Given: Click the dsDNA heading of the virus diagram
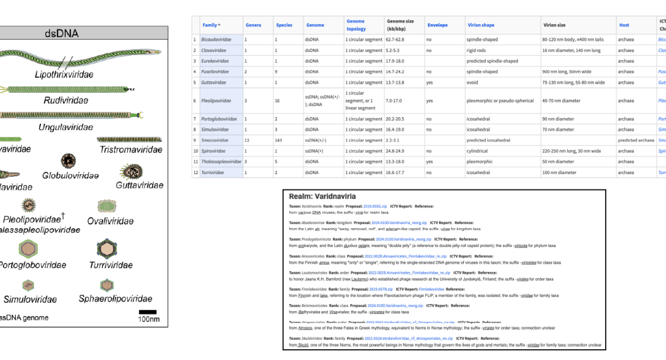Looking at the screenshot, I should click(x=61, y=34).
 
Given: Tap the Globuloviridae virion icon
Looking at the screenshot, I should click(x=68, y=161).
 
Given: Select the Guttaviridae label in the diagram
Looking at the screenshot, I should click(x=139, y=185).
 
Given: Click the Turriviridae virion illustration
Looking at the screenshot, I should click(x=107, y=249).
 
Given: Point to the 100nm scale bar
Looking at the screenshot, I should click(x=148, y=312).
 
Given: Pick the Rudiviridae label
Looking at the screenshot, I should click(x=66, y=101).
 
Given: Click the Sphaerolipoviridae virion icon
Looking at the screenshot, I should click(x=107, y=285).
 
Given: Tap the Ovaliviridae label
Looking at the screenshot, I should click(x=110, y=221).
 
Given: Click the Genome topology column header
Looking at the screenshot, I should click(x=356, y=25).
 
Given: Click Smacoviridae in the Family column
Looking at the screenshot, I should click(x=213, y=140).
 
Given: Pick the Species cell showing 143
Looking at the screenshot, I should click(x=281, y=140).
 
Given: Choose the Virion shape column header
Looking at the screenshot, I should click(x=481, y=25).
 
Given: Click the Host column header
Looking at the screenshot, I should click(x=624, y=25).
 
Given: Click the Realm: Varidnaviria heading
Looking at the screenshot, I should click(x=322, y=196).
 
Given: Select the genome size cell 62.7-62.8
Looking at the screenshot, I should click(x=398, y=39).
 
